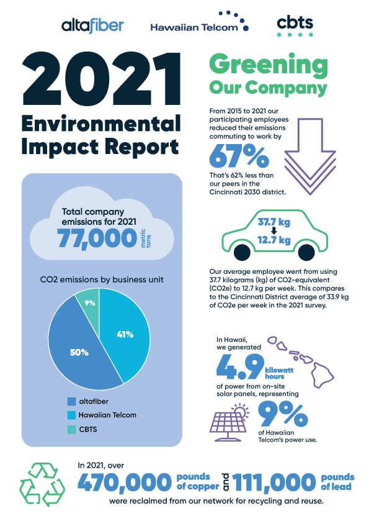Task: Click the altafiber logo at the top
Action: [93, 25]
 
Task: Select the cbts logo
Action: [295, 25]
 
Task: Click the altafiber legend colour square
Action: [71, 402]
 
